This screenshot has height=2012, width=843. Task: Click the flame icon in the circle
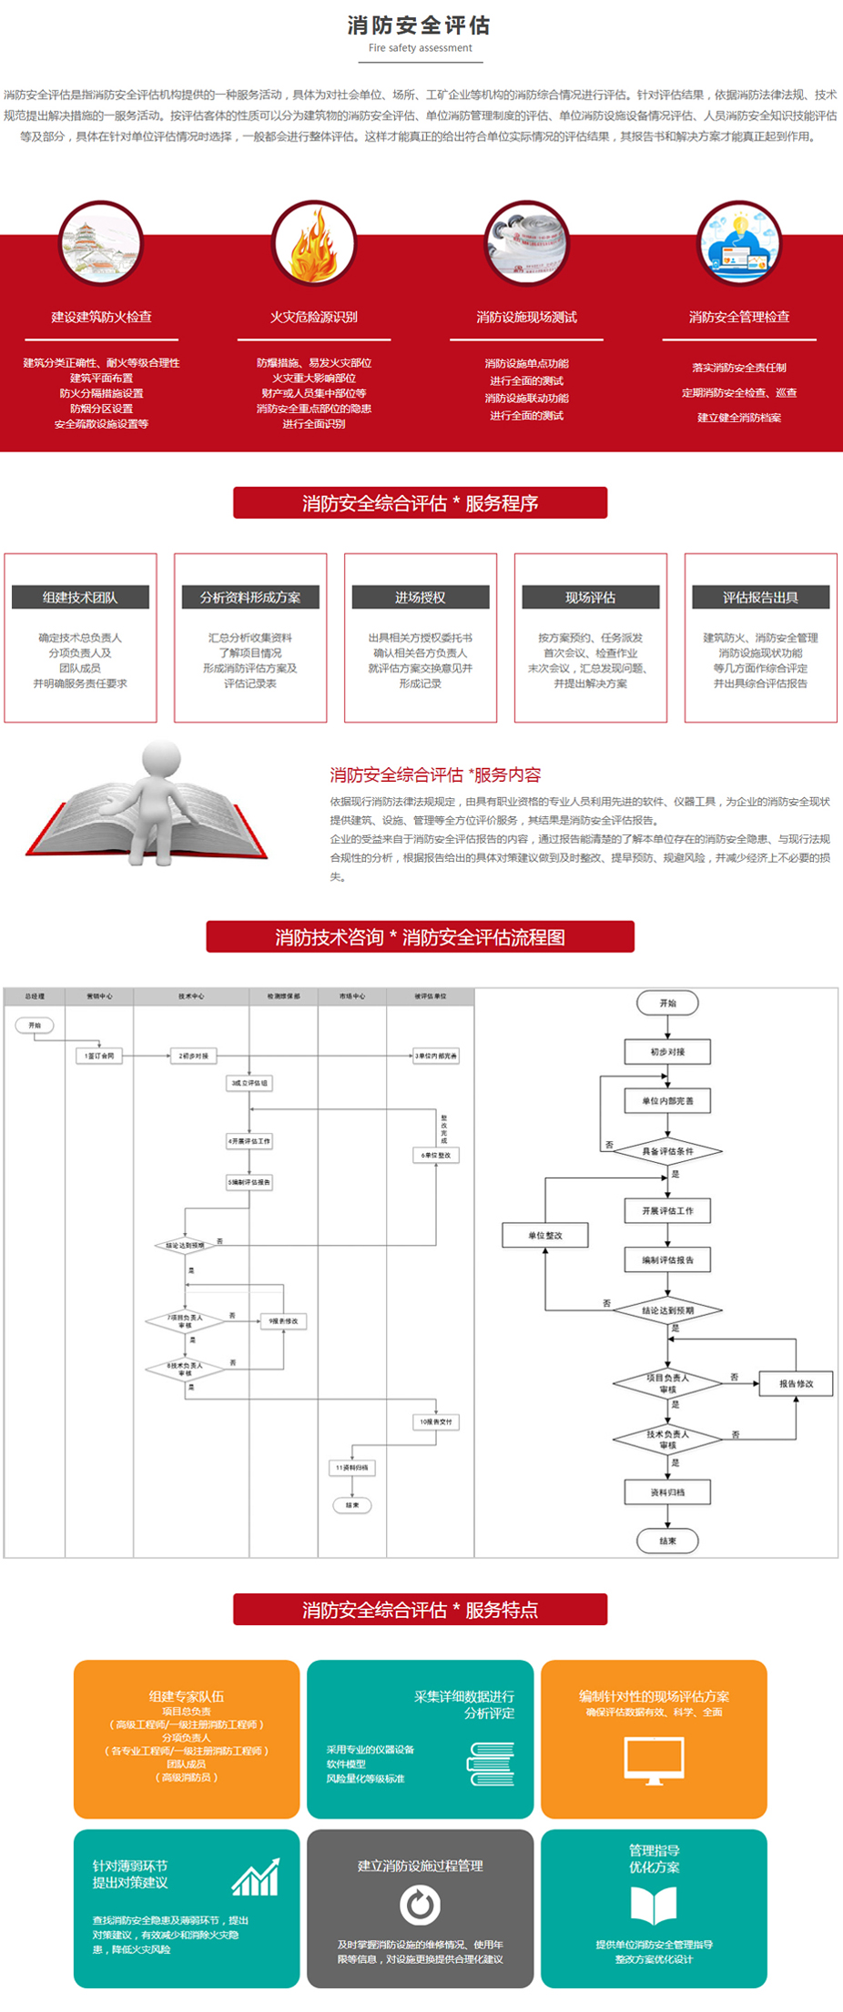click(314, 244)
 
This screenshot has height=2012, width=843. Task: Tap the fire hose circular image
click(526, 244)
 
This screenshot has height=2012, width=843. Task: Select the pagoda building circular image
click(101, 244)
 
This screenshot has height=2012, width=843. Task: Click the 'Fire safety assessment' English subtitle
click(421, 48)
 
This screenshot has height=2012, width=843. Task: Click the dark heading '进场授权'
click(421, 598)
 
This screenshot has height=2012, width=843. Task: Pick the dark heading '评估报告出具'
click(760, 598)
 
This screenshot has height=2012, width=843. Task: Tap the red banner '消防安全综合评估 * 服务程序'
click(420, 503)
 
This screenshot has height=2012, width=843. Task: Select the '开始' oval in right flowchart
click(667, 1003)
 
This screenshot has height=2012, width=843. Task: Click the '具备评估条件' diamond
click(667, 1151)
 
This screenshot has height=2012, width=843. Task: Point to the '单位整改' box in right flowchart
click(545, 1235)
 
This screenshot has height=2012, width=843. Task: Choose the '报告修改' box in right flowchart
click(796, 1383)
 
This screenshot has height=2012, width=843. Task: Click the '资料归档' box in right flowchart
click(667, 1492)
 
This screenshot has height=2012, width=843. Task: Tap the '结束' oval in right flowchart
click(667, 1541)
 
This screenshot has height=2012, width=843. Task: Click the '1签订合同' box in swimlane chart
click(99, 1056)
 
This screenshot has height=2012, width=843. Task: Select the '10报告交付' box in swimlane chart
click(435, 1421)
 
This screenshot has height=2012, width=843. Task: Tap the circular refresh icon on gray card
click(420, 1905)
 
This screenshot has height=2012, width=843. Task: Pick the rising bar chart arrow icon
click(256, 1877)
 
